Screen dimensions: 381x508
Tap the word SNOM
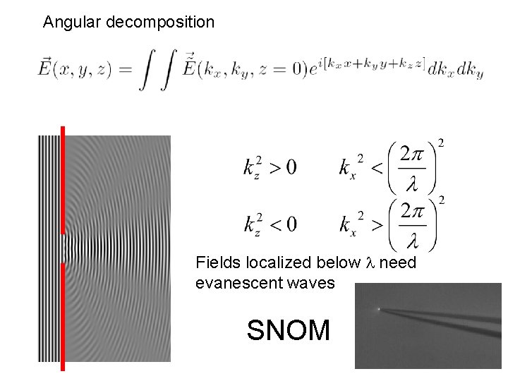(x=289, y=329)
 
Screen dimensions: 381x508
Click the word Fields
(x=219, y=263)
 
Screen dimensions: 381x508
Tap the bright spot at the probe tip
(x=379, y=308)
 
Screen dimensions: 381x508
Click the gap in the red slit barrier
(x=63, y=249)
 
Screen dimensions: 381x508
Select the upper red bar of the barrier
(x=63, y=180)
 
